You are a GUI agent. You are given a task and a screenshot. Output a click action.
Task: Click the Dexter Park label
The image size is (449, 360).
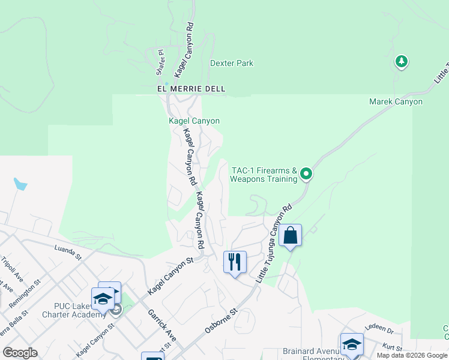coord(232,63)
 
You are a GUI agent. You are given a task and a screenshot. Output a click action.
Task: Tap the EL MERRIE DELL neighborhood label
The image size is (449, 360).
coord(191,89)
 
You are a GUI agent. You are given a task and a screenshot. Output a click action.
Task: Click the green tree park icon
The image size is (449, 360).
coord(402,61)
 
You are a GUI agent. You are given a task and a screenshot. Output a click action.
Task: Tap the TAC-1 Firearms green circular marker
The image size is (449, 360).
coord(306,175)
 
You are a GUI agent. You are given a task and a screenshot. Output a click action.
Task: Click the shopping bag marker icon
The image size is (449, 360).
coord(290,236)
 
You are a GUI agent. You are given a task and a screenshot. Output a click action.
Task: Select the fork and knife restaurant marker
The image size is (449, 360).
coord(235,262)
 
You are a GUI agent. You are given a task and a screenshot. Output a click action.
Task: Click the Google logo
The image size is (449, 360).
coord(20,353)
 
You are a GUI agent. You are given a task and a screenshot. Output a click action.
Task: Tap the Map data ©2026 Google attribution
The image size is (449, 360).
coord(412,355)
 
